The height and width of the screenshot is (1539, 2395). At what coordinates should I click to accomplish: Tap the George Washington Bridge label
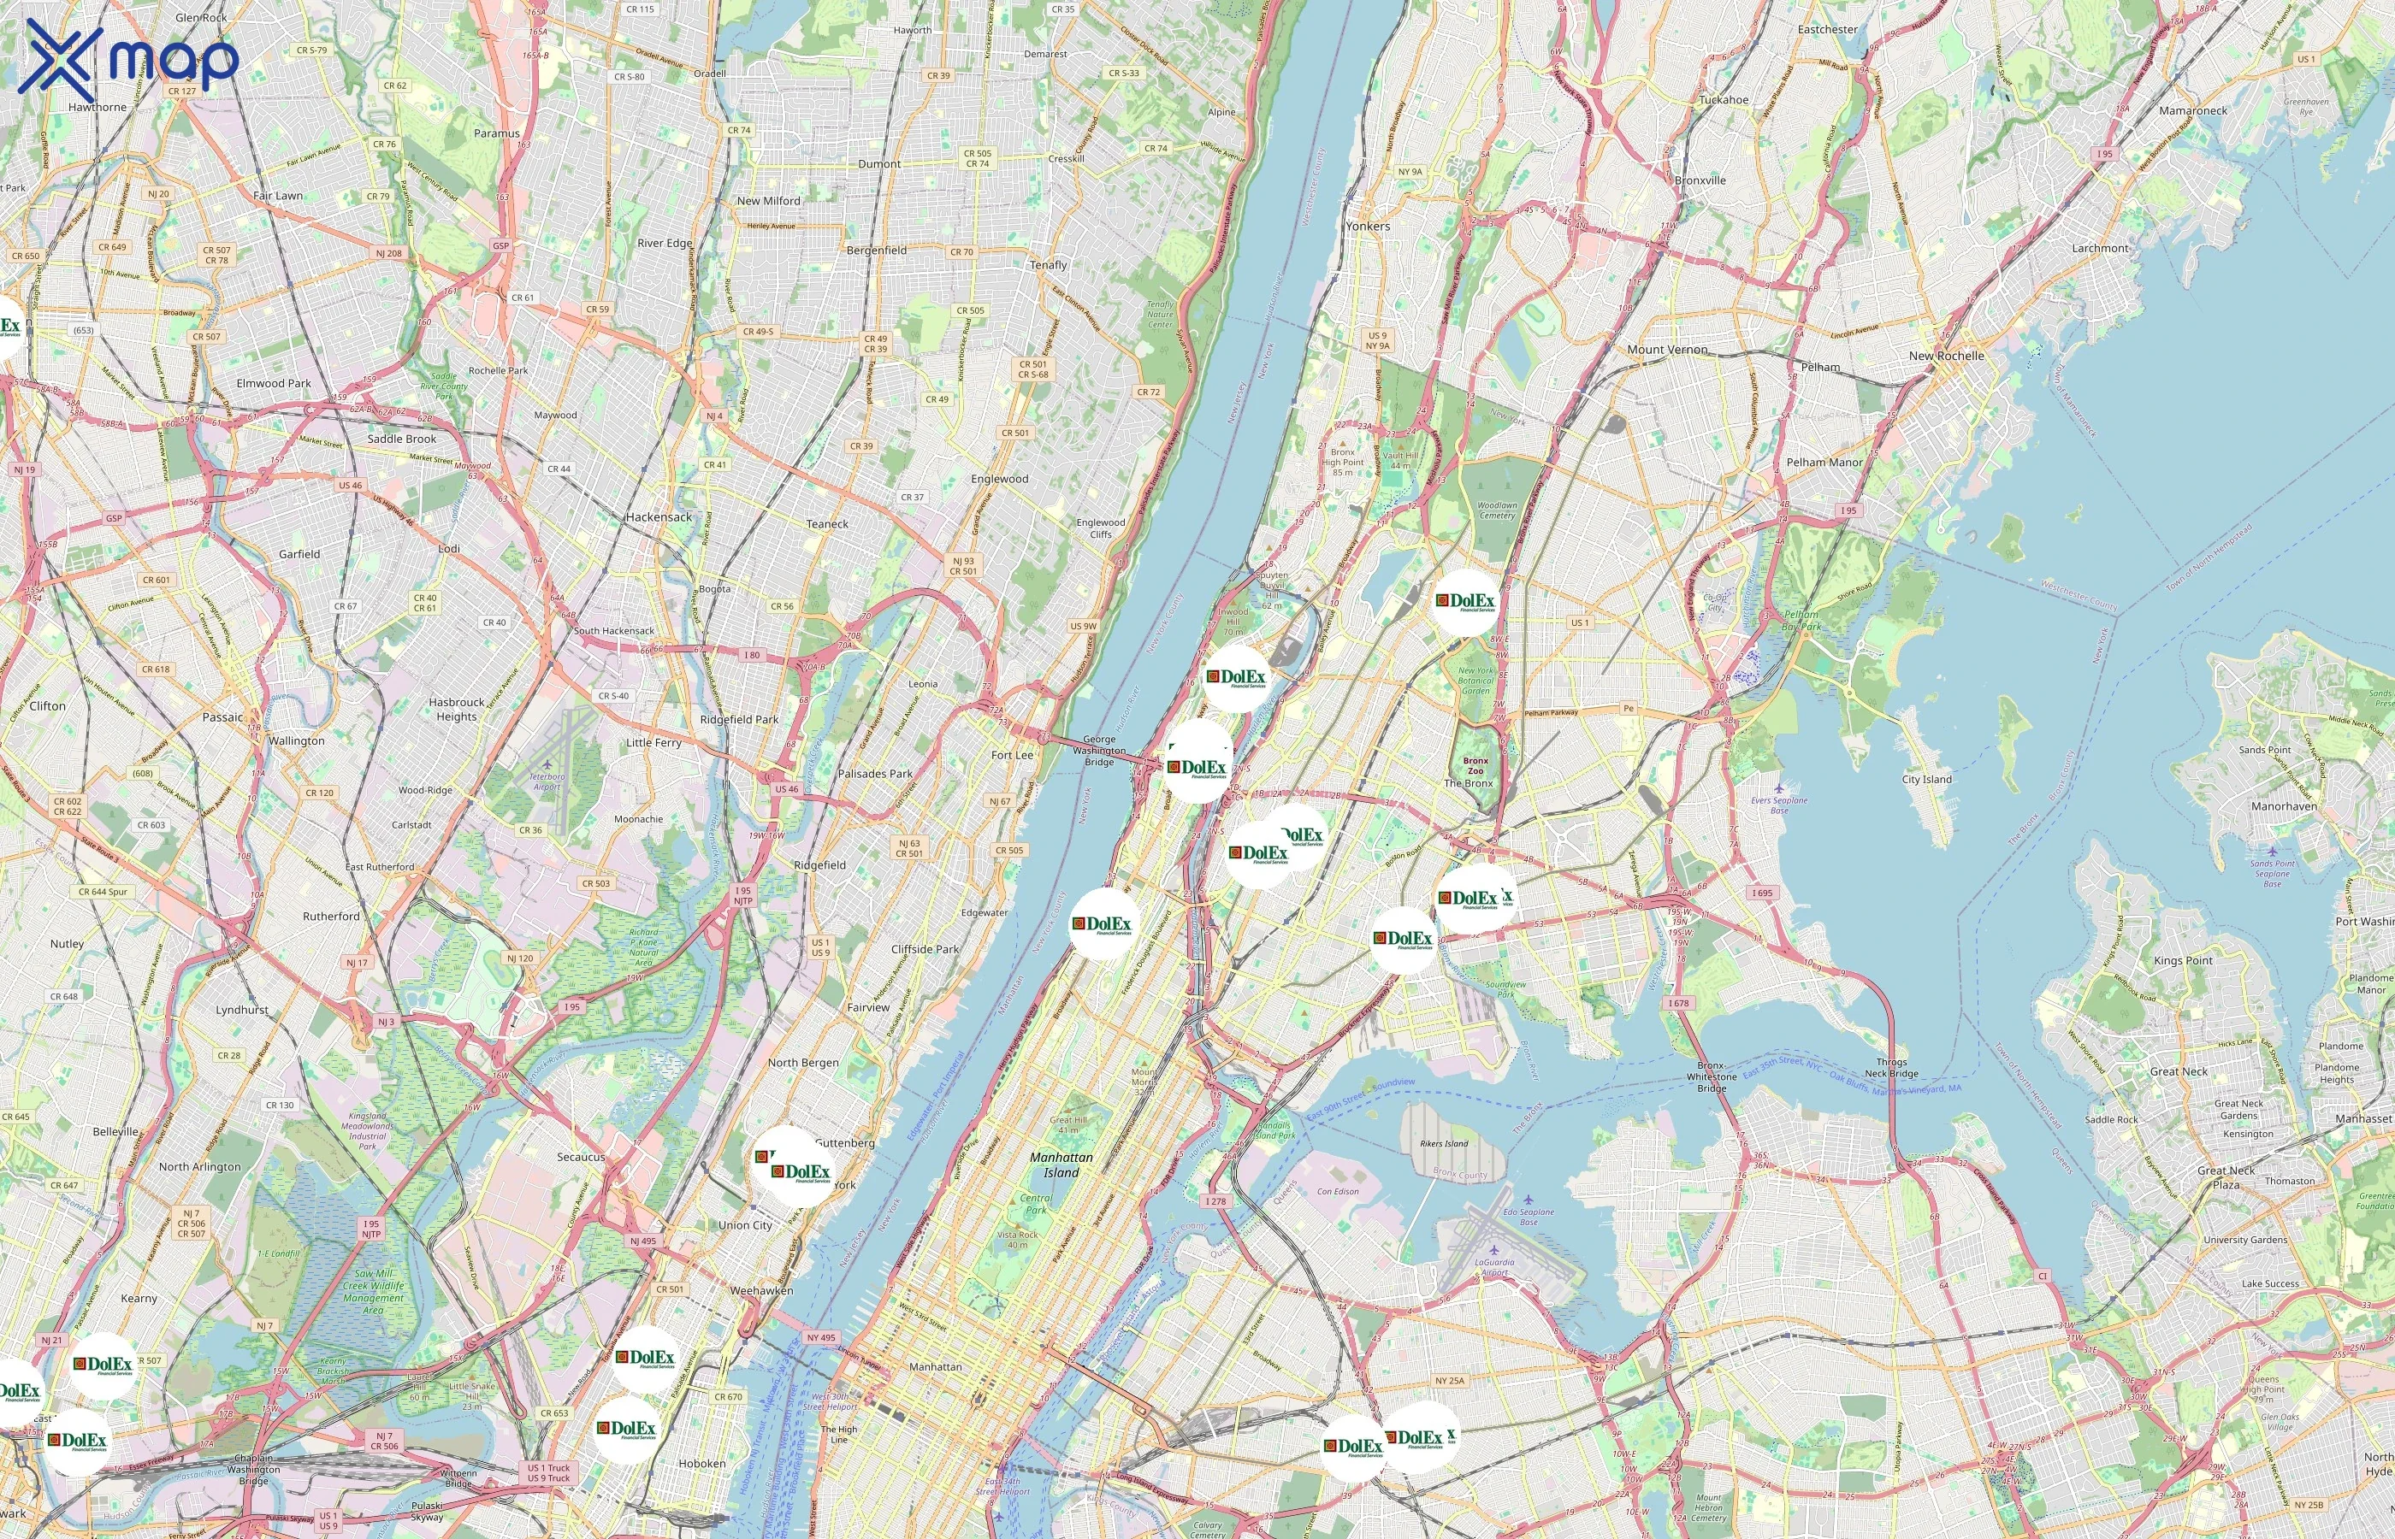point(1098,751)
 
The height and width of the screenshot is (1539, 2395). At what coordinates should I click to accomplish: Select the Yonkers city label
point(1368,226)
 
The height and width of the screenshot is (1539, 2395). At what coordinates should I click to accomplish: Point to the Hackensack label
point(659,516)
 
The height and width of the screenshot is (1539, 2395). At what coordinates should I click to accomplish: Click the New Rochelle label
point(1945,356)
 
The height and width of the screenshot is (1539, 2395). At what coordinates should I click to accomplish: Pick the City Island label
point(1926,780)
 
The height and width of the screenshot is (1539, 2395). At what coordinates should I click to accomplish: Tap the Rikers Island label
point(1443,1143)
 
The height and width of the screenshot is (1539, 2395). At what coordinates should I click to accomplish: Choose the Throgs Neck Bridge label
point(1891,1067)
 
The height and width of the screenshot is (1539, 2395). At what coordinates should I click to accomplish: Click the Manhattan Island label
point(1061,1165)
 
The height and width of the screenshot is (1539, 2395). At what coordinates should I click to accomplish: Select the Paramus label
point(497,133)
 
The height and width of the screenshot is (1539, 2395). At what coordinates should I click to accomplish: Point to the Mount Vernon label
point(1667,350)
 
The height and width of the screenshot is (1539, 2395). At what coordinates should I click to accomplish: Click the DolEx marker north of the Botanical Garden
point(1465,602)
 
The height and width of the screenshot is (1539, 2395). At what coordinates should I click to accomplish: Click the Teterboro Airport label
point(546,781)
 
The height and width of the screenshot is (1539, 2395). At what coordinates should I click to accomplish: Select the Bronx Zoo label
point(1475,765)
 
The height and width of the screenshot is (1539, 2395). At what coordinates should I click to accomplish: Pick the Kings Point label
point(2183,960)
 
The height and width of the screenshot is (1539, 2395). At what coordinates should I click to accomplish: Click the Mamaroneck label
point(2192,111)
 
